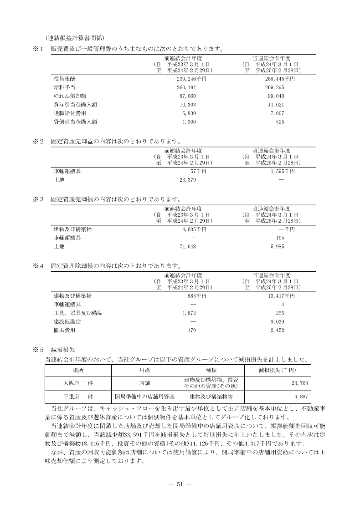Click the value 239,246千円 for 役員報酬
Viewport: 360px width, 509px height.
pos(193,79)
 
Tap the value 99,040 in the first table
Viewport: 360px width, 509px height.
pos(277,96)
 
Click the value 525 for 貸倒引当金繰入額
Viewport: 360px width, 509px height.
pos(280,122)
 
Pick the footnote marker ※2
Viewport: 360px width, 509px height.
pos(37,141)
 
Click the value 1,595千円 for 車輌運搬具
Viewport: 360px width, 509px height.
pos(282,172)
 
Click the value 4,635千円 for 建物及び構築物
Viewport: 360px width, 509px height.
pos(194,229)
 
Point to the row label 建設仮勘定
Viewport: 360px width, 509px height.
pos(67,321)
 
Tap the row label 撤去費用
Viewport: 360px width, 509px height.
pos(64,330)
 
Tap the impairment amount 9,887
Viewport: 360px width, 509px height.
pos(301,397)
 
